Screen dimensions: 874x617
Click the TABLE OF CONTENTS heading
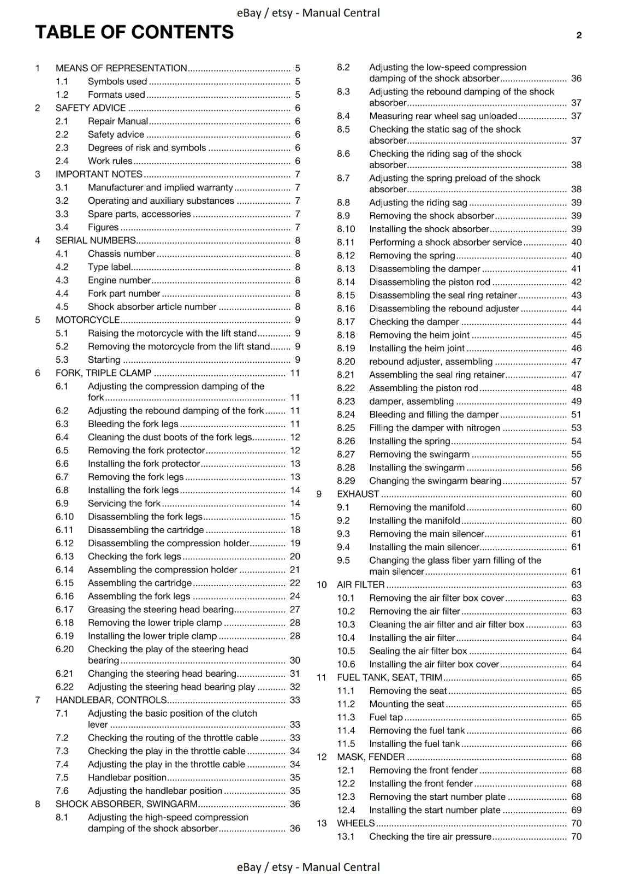click(134, 33)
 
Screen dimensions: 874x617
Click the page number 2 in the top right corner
click(579, 36)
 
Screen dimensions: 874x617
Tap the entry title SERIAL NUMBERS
click(96, 240)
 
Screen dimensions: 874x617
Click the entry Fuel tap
click(386, 717)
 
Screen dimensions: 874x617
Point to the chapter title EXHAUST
click(358, 494)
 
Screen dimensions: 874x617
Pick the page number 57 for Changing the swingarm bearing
click(576, 481)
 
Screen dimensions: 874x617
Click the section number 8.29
click(346, 481)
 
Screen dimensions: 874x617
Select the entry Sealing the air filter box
click(418, 651)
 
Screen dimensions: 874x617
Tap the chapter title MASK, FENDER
click(371, 757)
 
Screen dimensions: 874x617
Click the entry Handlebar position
click(127, 777)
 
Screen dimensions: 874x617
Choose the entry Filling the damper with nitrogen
click(435, 428)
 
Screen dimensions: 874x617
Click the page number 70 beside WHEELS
click(576, 823)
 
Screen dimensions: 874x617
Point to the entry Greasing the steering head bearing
click(161, 610)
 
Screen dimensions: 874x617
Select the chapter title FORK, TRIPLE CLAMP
click(103, 373)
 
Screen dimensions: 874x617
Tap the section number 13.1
click(346, 836)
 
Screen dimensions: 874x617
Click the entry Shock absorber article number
click(152, 307)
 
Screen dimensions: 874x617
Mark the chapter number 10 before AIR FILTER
click(322, 584)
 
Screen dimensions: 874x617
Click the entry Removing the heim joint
click(419, 335)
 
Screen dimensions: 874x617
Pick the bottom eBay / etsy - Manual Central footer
click(308, 867)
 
